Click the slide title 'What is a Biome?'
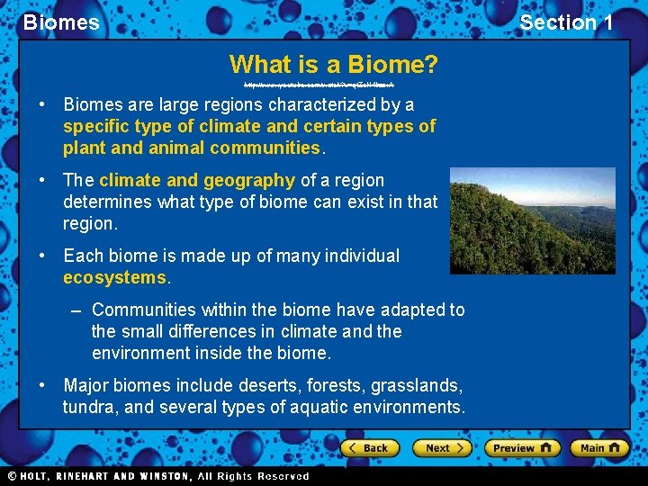click(x=334, y=65)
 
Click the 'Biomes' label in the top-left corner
click(x=61, y=22)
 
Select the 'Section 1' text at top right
click(x=565, y=22)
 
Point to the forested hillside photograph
click(x=532, y=220)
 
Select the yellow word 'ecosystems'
click(x=115, y=277)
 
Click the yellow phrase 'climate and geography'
click(x=197, y=180)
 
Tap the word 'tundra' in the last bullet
click(x=88, y=407)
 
